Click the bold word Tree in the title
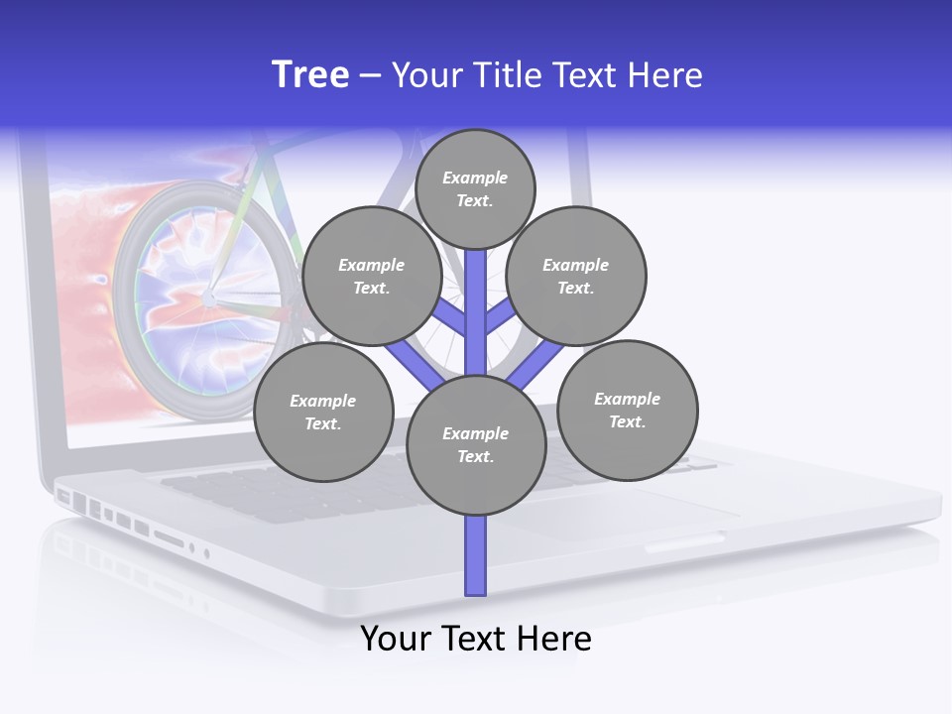click(x=310, y=75)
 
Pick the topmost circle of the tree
click(x=475, y=188)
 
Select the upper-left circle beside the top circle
click(x=372, y=277)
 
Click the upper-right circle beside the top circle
click(x=576, y=277)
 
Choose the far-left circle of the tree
click(x=323, y=413)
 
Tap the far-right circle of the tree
click(x=627, y=411)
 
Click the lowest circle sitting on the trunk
click(x=476, y=445)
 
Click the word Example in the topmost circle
click(x=475, y=178)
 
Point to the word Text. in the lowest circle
click(x=475, y=457)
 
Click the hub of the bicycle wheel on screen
click(x=209, y=297)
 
